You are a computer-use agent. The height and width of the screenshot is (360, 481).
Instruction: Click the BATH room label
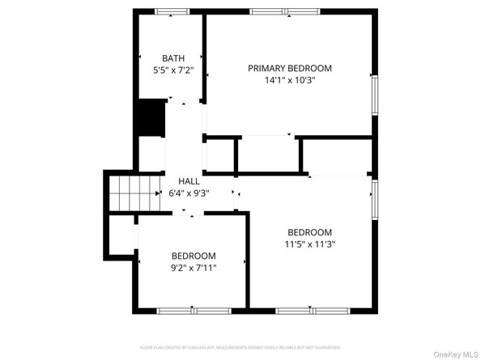[172, 58]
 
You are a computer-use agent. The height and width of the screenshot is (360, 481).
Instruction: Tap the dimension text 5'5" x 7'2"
[172, 70]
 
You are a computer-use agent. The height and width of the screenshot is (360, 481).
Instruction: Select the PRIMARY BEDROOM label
[289, 69]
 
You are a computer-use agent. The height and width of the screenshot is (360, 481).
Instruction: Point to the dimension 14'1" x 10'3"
[289, 81]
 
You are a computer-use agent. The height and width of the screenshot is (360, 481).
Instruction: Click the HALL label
[188, 181]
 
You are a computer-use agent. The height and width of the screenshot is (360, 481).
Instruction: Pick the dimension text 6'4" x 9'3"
[188, 193]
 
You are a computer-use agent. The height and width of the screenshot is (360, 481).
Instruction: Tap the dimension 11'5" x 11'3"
[309, 244]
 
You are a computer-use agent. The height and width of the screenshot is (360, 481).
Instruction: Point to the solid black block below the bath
[149, 118]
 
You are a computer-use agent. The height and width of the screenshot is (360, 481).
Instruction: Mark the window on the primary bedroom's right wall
[374, 93]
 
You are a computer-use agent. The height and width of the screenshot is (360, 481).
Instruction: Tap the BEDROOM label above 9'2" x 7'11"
[193, 256]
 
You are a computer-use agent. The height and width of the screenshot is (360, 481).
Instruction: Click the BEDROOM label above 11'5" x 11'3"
[309, 231]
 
